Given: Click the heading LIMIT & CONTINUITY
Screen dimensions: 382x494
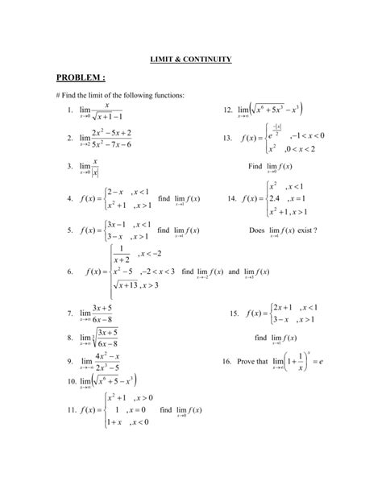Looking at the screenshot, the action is [x=191, y=59].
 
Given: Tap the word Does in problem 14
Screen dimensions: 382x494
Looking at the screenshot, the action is [x=258, y=230].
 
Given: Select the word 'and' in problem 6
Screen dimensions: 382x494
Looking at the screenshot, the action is [x=235, y=272].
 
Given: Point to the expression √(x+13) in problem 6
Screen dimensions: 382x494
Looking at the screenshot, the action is [x=122, y=285].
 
